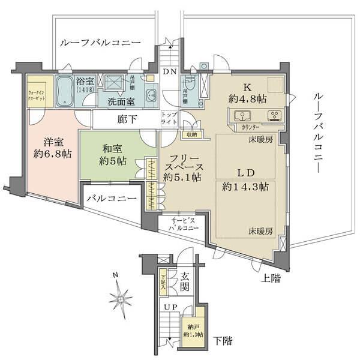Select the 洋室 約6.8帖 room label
click(x=53, y=148)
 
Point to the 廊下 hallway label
click(x=128, y=119)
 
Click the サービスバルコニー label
click(x=184, y=224)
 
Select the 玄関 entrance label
click(x=185, y=281)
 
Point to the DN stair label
click(x=170, y=71)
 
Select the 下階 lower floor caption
click(x=222, y=341)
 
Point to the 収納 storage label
click(x=191, y=134)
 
